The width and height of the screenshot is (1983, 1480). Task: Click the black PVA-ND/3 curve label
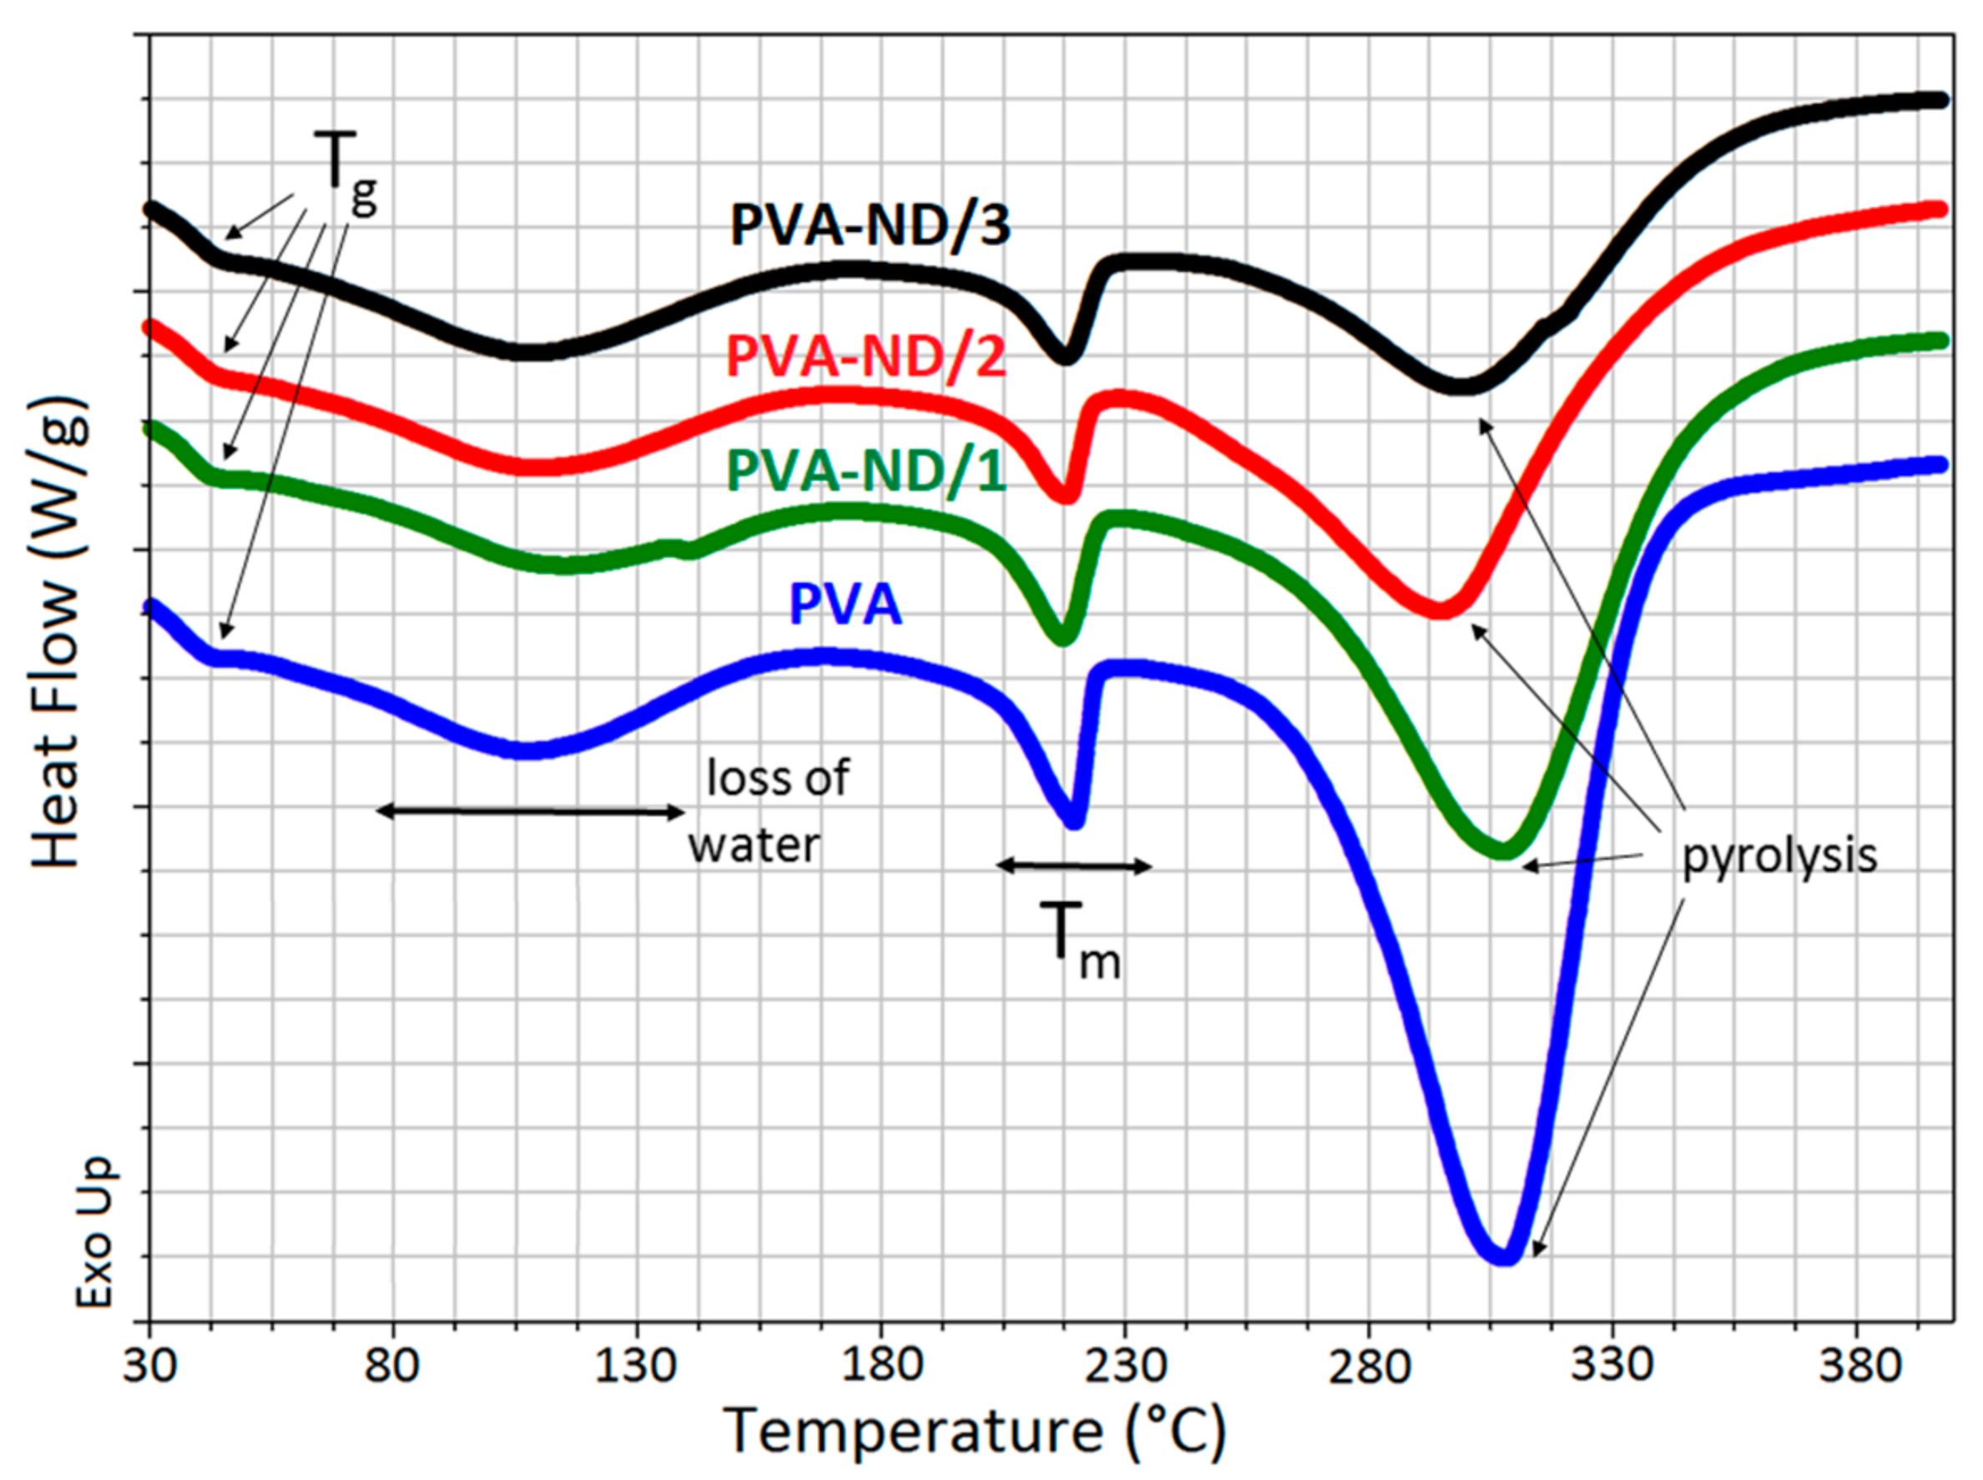[870, 225]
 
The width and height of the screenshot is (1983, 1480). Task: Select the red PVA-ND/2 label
[866, 356]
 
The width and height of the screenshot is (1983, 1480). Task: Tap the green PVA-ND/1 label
[866, 472]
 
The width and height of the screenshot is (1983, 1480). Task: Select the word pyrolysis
[1779, 856]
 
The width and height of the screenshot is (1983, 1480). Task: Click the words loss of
[776, 778]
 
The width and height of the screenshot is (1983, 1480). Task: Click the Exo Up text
[94, 1233]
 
